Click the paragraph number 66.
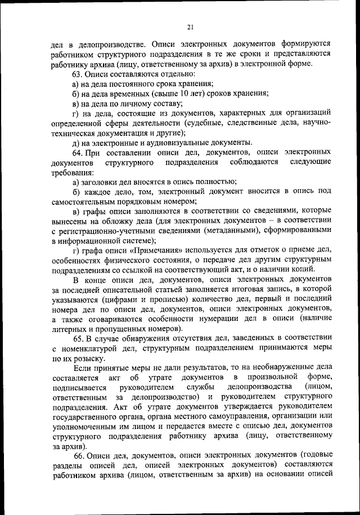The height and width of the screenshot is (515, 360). click(77, 454)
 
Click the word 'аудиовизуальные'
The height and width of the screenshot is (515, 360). click(172, 142)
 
